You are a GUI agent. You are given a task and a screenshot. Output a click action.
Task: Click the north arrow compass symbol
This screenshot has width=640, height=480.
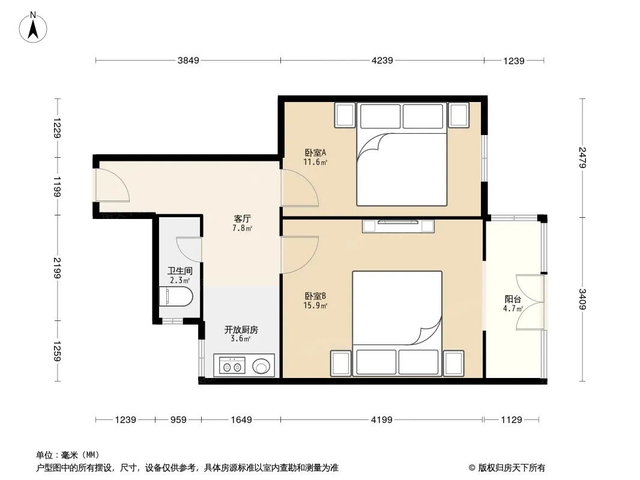click(x=33, y=27)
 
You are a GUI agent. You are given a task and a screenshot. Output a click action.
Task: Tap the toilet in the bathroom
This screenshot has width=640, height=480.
click(x=175, y=296)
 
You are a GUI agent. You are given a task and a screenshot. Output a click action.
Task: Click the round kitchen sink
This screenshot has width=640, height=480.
click(x=261, y=366)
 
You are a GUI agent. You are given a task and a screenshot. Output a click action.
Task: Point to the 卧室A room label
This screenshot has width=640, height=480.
click(x=315, y=152)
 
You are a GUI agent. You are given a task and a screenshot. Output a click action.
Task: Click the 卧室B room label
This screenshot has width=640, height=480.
click(x=315, y=296)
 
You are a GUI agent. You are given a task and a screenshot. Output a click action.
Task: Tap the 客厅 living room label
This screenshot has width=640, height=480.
click(x=242, y=219)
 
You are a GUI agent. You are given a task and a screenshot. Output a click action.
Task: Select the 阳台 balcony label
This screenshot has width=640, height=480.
click(x=513, y=299)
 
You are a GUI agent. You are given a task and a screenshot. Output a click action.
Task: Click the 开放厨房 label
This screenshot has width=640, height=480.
click(x=241, y=329)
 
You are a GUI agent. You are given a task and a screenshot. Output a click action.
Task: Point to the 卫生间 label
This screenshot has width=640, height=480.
click(x=180, y=271)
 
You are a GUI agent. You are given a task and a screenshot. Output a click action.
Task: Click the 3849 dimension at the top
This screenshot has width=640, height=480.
click(x=188, y=61)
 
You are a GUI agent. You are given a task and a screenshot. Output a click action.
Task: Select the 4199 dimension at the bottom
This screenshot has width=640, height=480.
click(x=382, y=419)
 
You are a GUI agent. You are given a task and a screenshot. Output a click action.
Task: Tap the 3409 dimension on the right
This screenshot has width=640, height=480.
click(x=582, y=299)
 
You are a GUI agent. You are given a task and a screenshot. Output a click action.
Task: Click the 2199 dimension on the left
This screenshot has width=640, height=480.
click(x=56, y=268)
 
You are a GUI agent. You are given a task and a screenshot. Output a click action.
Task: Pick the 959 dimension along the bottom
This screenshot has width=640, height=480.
click(x=178, y=419)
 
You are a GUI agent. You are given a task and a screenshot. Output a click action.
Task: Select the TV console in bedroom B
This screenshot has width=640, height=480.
click(x=398, y=226)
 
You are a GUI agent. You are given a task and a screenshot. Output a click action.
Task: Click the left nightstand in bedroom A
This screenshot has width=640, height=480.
click(x=345, y=115)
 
